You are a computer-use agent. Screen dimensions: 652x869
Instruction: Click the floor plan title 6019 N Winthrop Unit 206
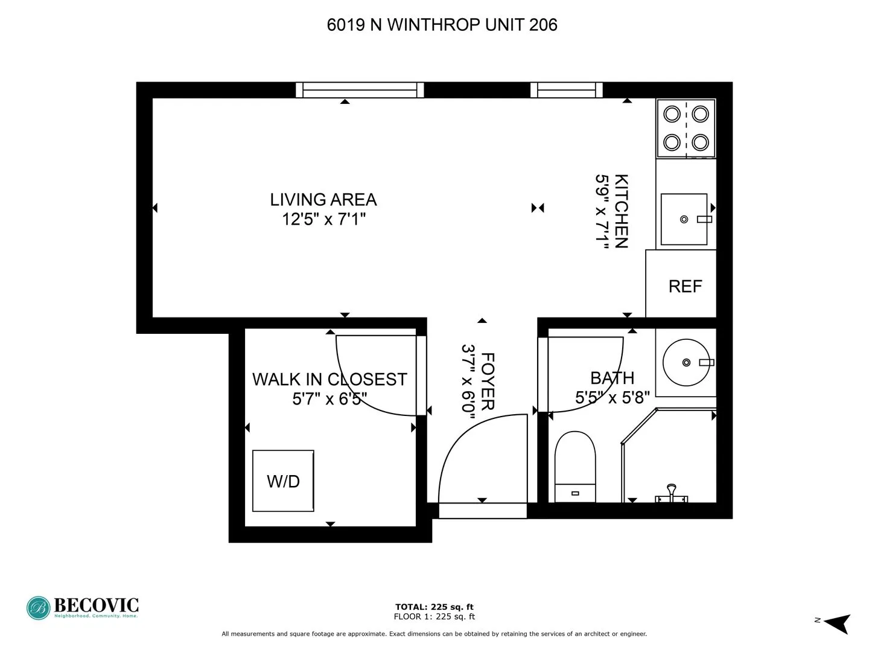click(442, 25)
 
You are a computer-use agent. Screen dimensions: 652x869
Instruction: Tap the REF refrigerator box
click(685, 286)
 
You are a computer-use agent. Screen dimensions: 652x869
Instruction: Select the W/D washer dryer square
click(283, 481)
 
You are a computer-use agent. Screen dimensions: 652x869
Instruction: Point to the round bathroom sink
click(686, 362)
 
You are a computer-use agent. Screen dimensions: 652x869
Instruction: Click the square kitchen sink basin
click(684, 219)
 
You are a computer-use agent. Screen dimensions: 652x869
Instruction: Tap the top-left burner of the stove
click(672, 113)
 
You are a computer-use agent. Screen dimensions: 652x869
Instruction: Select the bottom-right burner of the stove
click(700, 142)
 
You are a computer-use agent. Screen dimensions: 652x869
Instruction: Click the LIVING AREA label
click(323, 199)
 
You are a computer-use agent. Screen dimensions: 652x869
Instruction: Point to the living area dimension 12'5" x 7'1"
click(324, 219)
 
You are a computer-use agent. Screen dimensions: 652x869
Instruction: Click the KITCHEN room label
click(621, 211)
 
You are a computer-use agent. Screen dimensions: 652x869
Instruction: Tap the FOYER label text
click(488, 382)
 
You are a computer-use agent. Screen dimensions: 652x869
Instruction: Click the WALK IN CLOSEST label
click(329, 379)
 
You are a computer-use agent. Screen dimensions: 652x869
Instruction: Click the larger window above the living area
click(360, 90)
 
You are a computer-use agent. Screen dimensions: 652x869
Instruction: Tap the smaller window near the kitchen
click(566, 90)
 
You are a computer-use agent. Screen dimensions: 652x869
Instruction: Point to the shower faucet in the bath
click(671, 494)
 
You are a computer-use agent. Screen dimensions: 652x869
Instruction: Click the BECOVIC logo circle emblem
click(39, 608)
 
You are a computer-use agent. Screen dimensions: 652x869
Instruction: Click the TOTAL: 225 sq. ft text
click(434, 607)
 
